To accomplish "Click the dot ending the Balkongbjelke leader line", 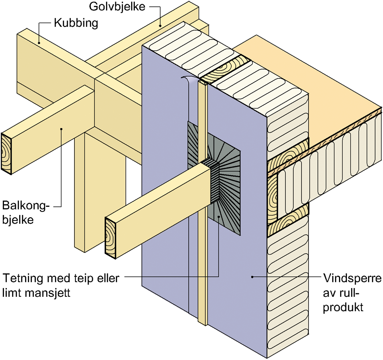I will [61, 129].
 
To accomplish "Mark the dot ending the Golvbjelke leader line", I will [160, 25].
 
